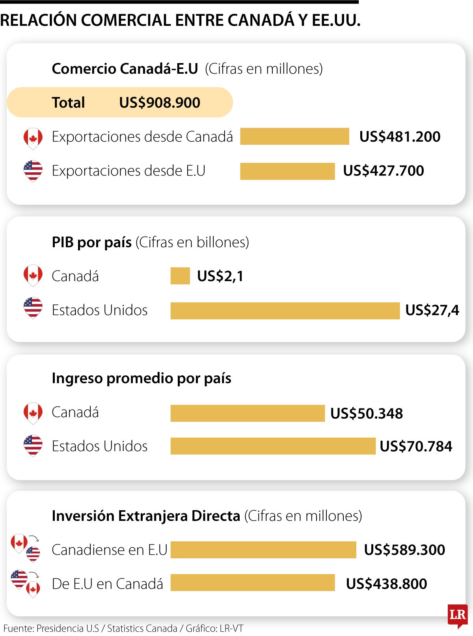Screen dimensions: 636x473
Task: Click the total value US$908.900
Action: [160, 103]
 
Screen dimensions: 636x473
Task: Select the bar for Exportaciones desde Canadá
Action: [294, 136]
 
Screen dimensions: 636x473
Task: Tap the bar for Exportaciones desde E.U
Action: [287, 171]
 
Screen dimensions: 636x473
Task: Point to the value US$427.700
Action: [384, 171]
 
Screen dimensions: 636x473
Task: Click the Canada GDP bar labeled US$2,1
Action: [180, 276]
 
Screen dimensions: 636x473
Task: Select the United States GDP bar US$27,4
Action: [285, 311]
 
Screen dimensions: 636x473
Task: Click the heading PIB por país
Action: [91, 242]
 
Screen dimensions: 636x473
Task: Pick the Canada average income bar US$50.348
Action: [248, 413]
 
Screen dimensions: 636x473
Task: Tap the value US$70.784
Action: [416, 446]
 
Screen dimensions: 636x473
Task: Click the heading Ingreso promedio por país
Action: [142, 378]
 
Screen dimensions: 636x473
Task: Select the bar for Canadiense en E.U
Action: [263, 550]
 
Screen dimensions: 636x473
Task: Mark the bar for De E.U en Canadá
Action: [253, 583]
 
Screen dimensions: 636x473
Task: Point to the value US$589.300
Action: [404, 550]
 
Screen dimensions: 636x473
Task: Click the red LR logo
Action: [457, 615]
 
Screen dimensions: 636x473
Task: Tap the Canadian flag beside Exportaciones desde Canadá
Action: [33, 138]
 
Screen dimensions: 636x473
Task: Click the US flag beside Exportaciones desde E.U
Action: [33, 171]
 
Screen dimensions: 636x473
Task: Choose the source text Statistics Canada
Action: [142, 629]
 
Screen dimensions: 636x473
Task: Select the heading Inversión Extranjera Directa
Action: [146, 516]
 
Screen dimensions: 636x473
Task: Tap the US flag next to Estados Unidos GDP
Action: [33, 308]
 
